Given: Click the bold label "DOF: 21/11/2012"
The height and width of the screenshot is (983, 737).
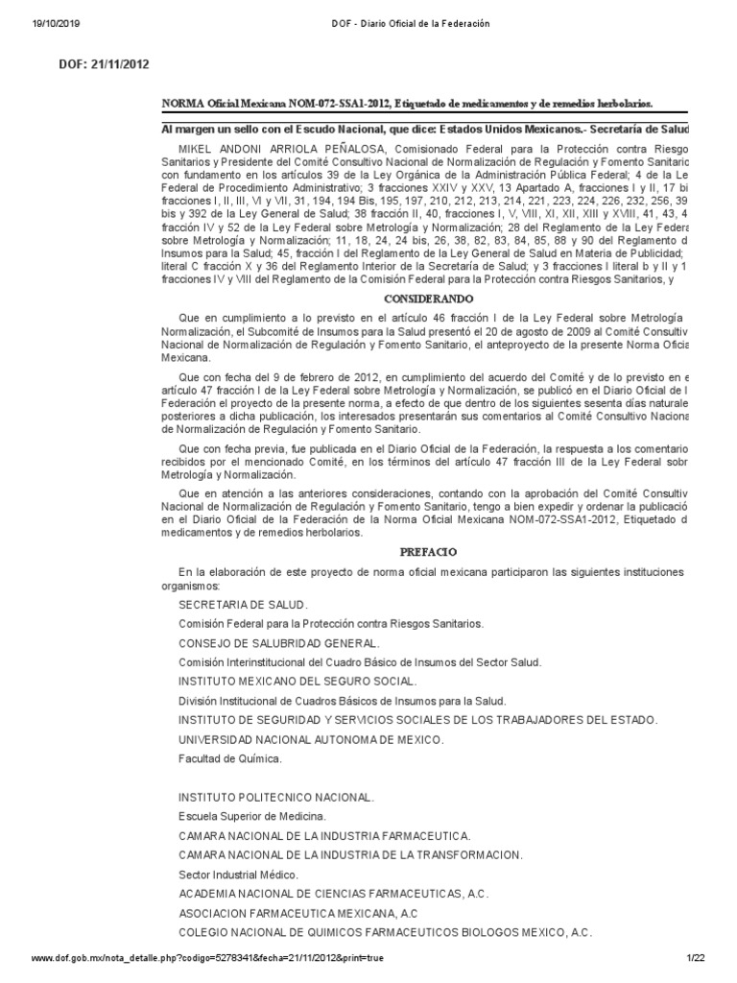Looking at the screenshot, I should [105, 64].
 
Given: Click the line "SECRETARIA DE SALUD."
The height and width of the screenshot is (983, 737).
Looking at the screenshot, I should [244, 605].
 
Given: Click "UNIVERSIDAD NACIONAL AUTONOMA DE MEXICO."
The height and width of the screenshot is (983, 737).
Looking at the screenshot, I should [311, 739].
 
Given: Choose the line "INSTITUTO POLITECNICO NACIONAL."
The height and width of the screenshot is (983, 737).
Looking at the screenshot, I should [276, 798].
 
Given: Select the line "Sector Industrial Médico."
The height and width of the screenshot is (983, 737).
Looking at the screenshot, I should [238, 874].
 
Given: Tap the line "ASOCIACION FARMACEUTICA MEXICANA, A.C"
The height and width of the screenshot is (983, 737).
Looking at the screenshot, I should [298, 913].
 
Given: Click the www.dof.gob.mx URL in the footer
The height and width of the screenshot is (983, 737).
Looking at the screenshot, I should [207, 959].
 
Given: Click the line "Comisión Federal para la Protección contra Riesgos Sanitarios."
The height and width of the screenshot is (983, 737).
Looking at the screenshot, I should [331, 624].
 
